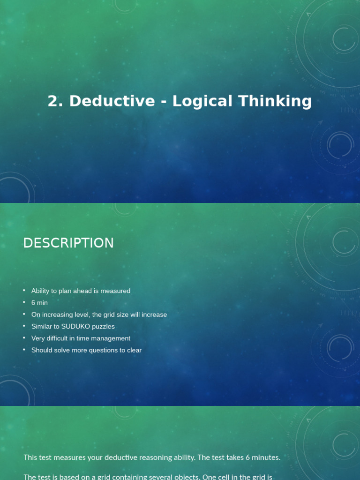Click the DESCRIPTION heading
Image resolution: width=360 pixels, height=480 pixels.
[x=68, y=243]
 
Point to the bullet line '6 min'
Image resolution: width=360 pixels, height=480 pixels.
[x=39, y=303]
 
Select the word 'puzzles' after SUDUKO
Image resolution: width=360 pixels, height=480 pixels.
[x=103, y=326]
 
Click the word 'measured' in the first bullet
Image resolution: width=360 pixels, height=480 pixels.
[x=115, y=291]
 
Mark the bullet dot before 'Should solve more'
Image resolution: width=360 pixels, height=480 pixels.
[x=24, y=350]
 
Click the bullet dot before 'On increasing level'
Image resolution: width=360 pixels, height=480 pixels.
[x=24, y=314]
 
